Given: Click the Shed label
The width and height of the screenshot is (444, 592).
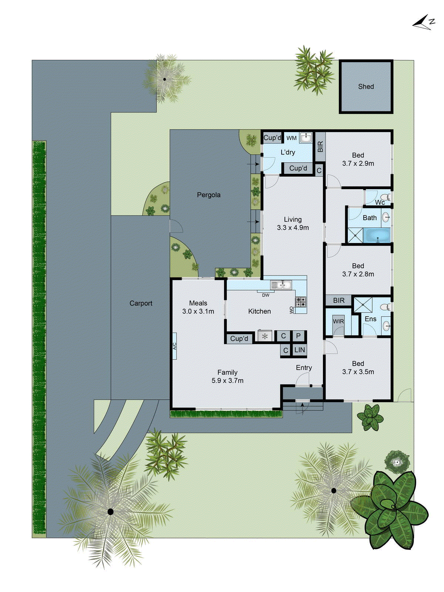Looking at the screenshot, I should pos(366,87).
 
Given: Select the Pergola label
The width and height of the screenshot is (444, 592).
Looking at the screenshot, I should pos(209,195).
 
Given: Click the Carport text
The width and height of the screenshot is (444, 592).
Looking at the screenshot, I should pos(141,303).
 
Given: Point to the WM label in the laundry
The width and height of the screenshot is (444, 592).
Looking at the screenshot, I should pos(292,138).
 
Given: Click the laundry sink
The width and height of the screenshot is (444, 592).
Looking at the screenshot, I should pos(306,138).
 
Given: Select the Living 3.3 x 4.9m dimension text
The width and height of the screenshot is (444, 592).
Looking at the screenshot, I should pos(293,228).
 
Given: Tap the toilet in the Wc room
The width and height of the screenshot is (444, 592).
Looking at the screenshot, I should pos(386,196).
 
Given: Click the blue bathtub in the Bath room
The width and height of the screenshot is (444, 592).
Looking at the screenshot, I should pos(377,236).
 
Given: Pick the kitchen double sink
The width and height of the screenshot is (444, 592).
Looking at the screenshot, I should pos(281,285).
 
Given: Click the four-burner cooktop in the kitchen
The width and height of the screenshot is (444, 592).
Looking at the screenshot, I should pos(301,302).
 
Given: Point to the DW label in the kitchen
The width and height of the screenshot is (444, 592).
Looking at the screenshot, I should pos(266,295).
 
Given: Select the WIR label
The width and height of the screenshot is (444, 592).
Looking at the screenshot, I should pos(338,321).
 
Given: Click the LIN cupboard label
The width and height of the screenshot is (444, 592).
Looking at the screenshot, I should pos(299,350).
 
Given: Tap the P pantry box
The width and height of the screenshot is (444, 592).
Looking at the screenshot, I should pos(299,336).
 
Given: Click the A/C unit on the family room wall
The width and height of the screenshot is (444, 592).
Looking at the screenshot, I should pos(174,346).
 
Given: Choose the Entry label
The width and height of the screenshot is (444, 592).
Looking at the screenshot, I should pos(304,368).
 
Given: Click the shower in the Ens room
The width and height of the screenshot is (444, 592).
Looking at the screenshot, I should pos(363,305).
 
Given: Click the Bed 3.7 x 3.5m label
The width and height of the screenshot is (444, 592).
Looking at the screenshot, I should pos(358,368).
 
